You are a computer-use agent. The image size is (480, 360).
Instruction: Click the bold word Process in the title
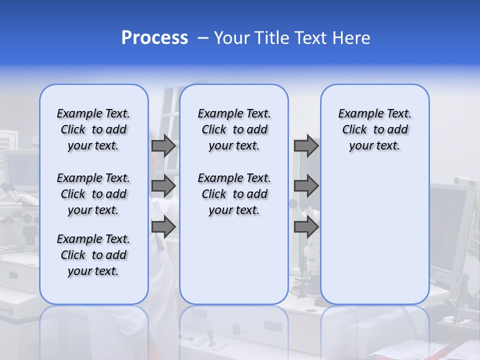[154, 38]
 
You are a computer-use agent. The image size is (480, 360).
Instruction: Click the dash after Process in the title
[203, 38]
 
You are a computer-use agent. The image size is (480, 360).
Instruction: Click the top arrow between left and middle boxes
[163, 146]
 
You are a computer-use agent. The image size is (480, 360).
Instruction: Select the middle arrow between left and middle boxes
[163, 186]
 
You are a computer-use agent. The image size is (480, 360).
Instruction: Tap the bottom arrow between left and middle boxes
[163, 226]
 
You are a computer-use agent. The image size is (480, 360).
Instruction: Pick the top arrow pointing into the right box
[306, 146]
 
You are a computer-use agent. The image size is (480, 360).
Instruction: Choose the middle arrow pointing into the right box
[306, 186]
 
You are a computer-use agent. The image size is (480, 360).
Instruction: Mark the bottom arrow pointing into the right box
[306, 226]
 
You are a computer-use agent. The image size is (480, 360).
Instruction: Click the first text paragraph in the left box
[93, 129]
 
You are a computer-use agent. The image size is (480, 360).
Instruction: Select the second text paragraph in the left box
[93, 194]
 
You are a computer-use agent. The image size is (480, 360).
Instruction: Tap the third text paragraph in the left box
[93, 255]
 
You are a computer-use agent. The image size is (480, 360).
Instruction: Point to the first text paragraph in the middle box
[234, 129]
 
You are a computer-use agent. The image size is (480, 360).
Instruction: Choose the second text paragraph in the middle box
[234, 194]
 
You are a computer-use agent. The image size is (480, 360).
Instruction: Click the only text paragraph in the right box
[375, 129]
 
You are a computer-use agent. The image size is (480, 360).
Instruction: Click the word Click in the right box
[354, 130]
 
